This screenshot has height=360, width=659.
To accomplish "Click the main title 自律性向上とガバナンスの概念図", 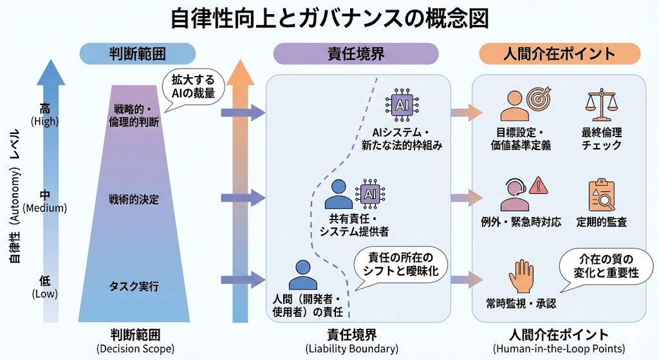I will pyautogui.click(x=329, y=18).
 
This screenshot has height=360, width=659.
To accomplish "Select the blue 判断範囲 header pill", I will pyautogui.click(x=136, y=54).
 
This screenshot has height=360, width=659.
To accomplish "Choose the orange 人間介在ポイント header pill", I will pyautogui.click(x=559, y=54).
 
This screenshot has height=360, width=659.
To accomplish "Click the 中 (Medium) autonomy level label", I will pyautogui.click(x=45, y=200).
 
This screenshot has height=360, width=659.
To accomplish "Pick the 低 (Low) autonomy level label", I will pyautogui.click(x=45, y=287).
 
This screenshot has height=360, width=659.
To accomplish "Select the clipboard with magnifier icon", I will pyautogui.click(x=602, y=194).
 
